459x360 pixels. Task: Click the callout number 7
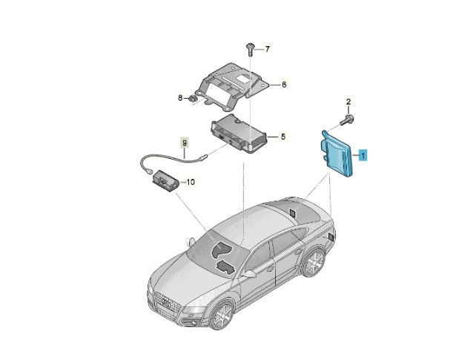pos(267,49)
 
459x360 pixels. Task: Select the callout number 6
pos(284,85)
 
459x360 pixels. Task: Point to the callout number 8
pos(180,97)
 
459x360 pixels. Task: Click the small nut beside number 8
pos(193,99)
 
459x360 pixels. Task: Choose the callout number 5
pos(283,137)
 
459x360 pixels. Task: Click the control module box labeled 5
pos(239,134)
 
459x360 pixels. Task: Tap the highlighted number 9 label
pos(185,143)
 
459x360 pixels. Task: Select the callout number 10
pos(191,182)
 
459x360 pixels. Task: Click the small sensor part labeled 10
pos(165,180)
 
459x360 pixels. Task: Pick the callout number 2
pos(349,102)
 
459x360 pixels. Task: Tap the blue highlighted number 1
pos(363,155)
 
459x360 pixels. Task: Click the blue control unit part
pos(338,154)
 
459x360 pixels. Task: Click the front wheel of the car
pos(222,316)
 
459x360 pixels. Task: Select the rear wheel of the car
pos(314,263)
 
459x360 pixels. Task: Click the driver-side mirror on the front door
pos(249,274)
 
